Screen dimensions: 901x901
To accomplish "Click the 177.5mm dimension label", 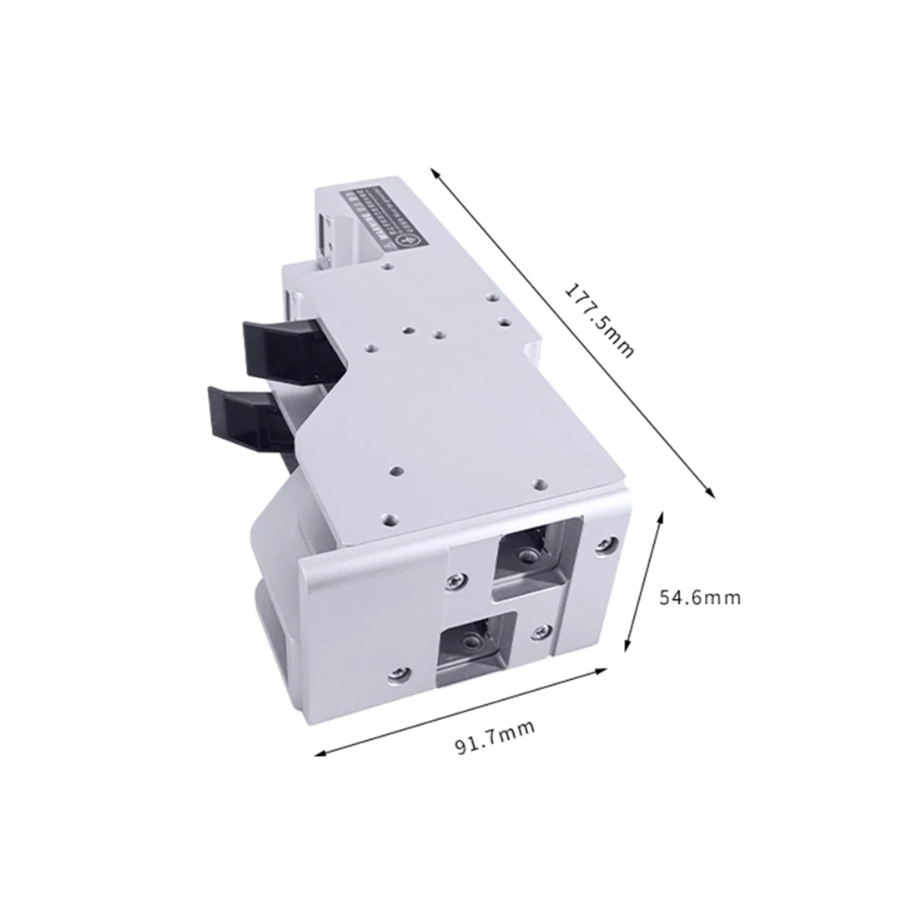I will tap(599, 320).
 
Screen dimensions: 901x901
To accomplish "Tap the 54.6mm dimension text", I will tap(699, 597).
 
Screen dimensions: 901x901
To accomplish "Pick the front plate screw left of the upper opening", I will tap(455, 580).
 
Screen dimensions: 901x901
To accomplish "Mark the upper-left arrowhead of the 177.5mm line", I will tap(435, 172).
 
